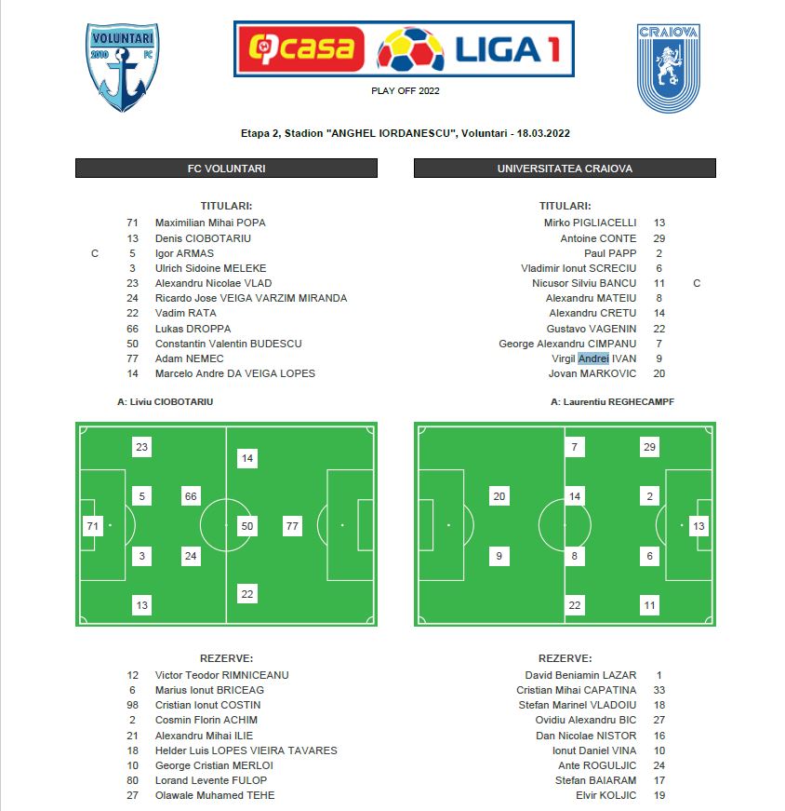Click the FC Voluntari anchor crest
(124, 67)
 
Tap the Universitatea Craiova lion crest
(668, 68)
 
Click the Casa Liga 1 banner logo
(404, 48)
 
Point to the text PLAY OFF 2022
(405, 91)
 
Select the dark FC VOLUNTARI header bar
(226, 169)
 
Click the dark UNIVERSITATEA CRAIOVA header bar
(565, 169)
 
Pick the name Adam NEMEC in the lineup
(189, 358)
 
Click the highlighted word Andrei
(593, 358)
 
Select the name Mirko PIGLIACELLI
(590, 223)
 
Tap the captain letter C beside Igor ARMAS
(95, 253)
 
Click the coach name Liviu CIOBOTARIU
(171, 402)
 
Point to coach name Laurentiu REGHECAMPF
(611, 402)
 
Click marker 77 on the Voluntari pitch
(293, 526)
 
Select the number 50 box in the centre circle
(246, 526)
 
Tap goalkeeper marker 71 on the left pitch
(92, 526)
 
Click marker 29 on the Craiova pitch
(649, 448)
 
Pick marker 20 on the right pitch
(499, 496)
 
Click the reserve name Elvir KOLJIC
(606, 795)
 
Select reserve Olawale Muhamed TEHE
(214, 795)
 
